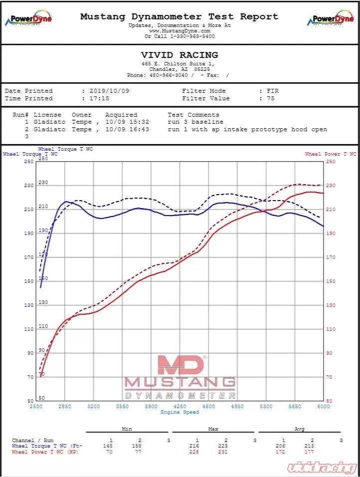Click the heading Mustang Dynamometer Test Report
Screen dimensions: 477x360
click(179, 16)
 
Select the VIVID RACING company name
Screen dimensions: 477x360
click(179, 55)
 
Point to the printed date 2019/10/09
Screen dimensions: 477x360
click(109, 91)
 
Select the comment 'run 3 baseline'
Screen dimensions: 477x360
click(195, 122)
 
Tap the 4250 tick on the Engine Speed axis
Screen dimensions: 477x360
click(180, 407)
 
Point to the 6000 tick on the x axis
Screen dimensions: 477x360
click(324, 407)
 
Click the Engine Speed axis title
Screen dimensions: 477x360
click(180, 412)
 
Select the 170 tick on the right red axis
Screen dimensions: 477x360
click(331, 257)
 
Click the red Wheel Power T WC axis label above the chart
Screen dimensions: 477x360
click(331, 154)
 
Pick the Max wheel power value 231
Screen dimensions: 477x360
click(226, 452)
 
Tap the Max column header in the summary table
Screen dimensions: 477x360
click(213, 429)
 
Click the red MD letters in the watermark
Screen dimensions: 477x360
click(180, 365)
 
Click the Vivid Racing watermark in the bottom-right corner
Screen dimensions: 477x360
click(322, 468)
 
